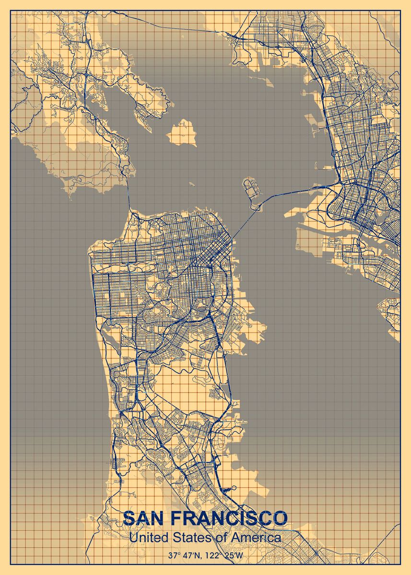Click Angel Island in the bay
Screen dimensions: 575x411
[x=182, y=131]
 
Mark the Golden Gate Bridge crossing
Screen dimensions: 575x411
[x=129, y=194]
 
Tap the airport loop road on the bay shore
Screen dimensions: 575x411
[x=233, y=487]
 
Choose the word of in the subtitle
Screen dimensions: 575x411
[x=221, y=538]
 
